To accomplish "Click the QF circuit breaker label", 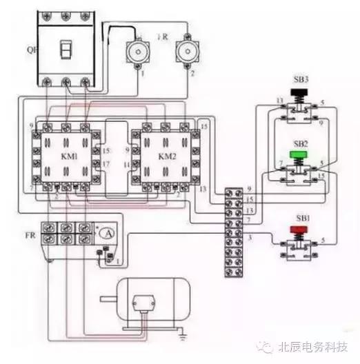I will coord(30,50).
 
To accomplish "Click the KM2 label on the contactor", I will coord(168,156).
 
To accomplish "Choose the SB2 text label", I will coord(300,143).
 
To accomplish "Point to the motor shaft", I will coord(109,299).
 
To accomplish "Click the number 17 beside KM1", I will coord(104,163).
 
